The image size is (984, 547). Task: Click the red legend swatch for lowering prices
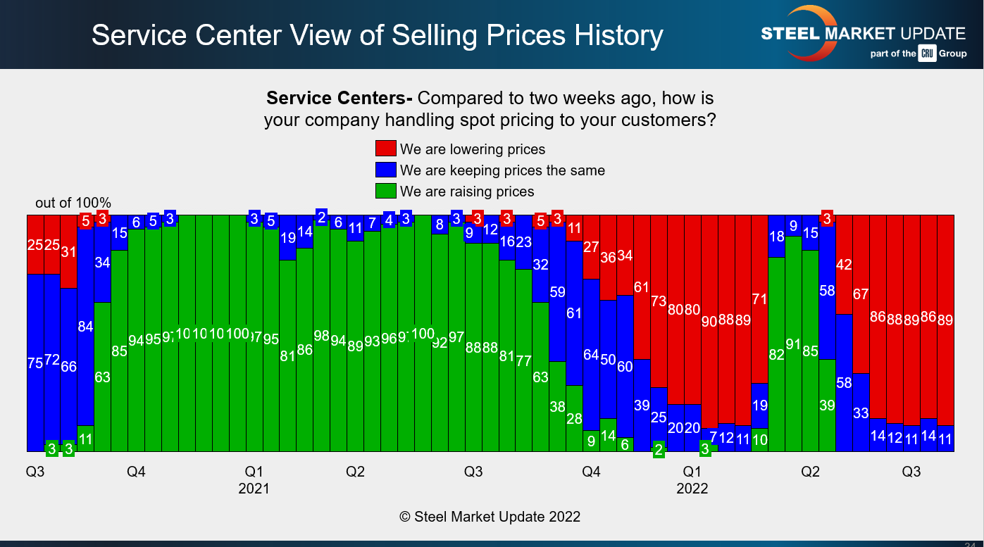386,149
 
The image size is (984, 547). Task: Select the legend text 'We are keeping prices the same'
502,170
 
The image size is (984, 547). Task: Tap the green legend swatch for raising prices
386,191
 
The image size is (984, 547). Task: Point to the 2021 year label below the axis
254,489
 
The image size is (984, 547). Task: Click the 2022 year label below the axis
692,489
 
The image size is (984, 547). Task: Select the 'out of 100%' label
73,203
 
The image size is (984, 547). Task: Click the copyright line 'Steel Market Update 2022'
490,517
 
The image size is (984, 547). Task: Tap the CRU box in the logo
927,54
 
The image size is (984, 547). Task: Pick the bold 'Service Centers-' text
340,98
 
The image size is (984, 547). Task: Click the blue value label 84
85,327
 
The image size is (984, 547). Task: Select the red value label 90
709,321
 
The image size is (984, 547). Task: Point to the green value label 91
794,344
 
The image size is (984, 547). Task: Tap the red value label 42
844,265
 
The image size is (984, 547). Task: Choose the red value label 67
861,294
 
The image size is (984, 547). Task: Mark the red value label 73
659,301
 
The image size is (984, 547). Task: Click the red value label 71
759,298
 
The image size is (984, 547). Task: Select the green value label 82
776,355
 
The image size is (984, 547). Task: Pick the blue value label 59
557,291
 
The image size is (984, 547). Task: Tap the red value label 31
68,251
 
